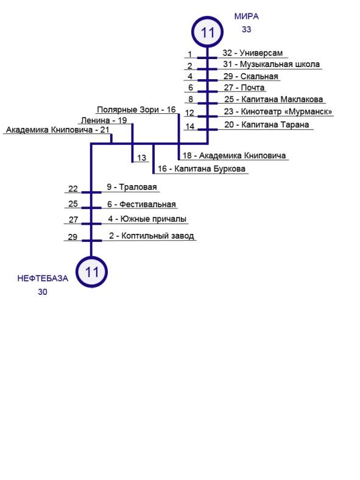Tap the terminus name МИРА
(247, 16)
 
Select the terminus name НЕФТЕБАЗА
(43, 278)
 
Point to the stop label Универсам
(261, 53)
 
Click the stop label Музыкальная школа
(280, 65)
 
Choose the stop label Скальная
(259, 76)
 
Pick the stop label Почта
(253, 88)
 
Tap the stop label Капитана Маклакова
(282, 99)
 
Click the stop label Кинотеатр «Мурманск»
(286, 111)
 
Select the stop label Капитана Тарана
(275, 125)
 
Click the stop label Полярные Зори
(129, 110)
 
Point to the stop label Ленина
(95, 121)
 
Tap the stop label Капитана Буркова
(210, 169)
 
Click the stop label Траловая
(138, 187)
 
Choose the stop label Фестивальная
(147, 204)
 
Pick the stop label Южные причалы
(154, 219)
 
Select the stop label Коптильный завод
(158, 236)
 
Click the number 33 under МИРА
(247, 29)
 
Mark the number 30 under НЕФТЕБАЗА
(43, 292)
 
